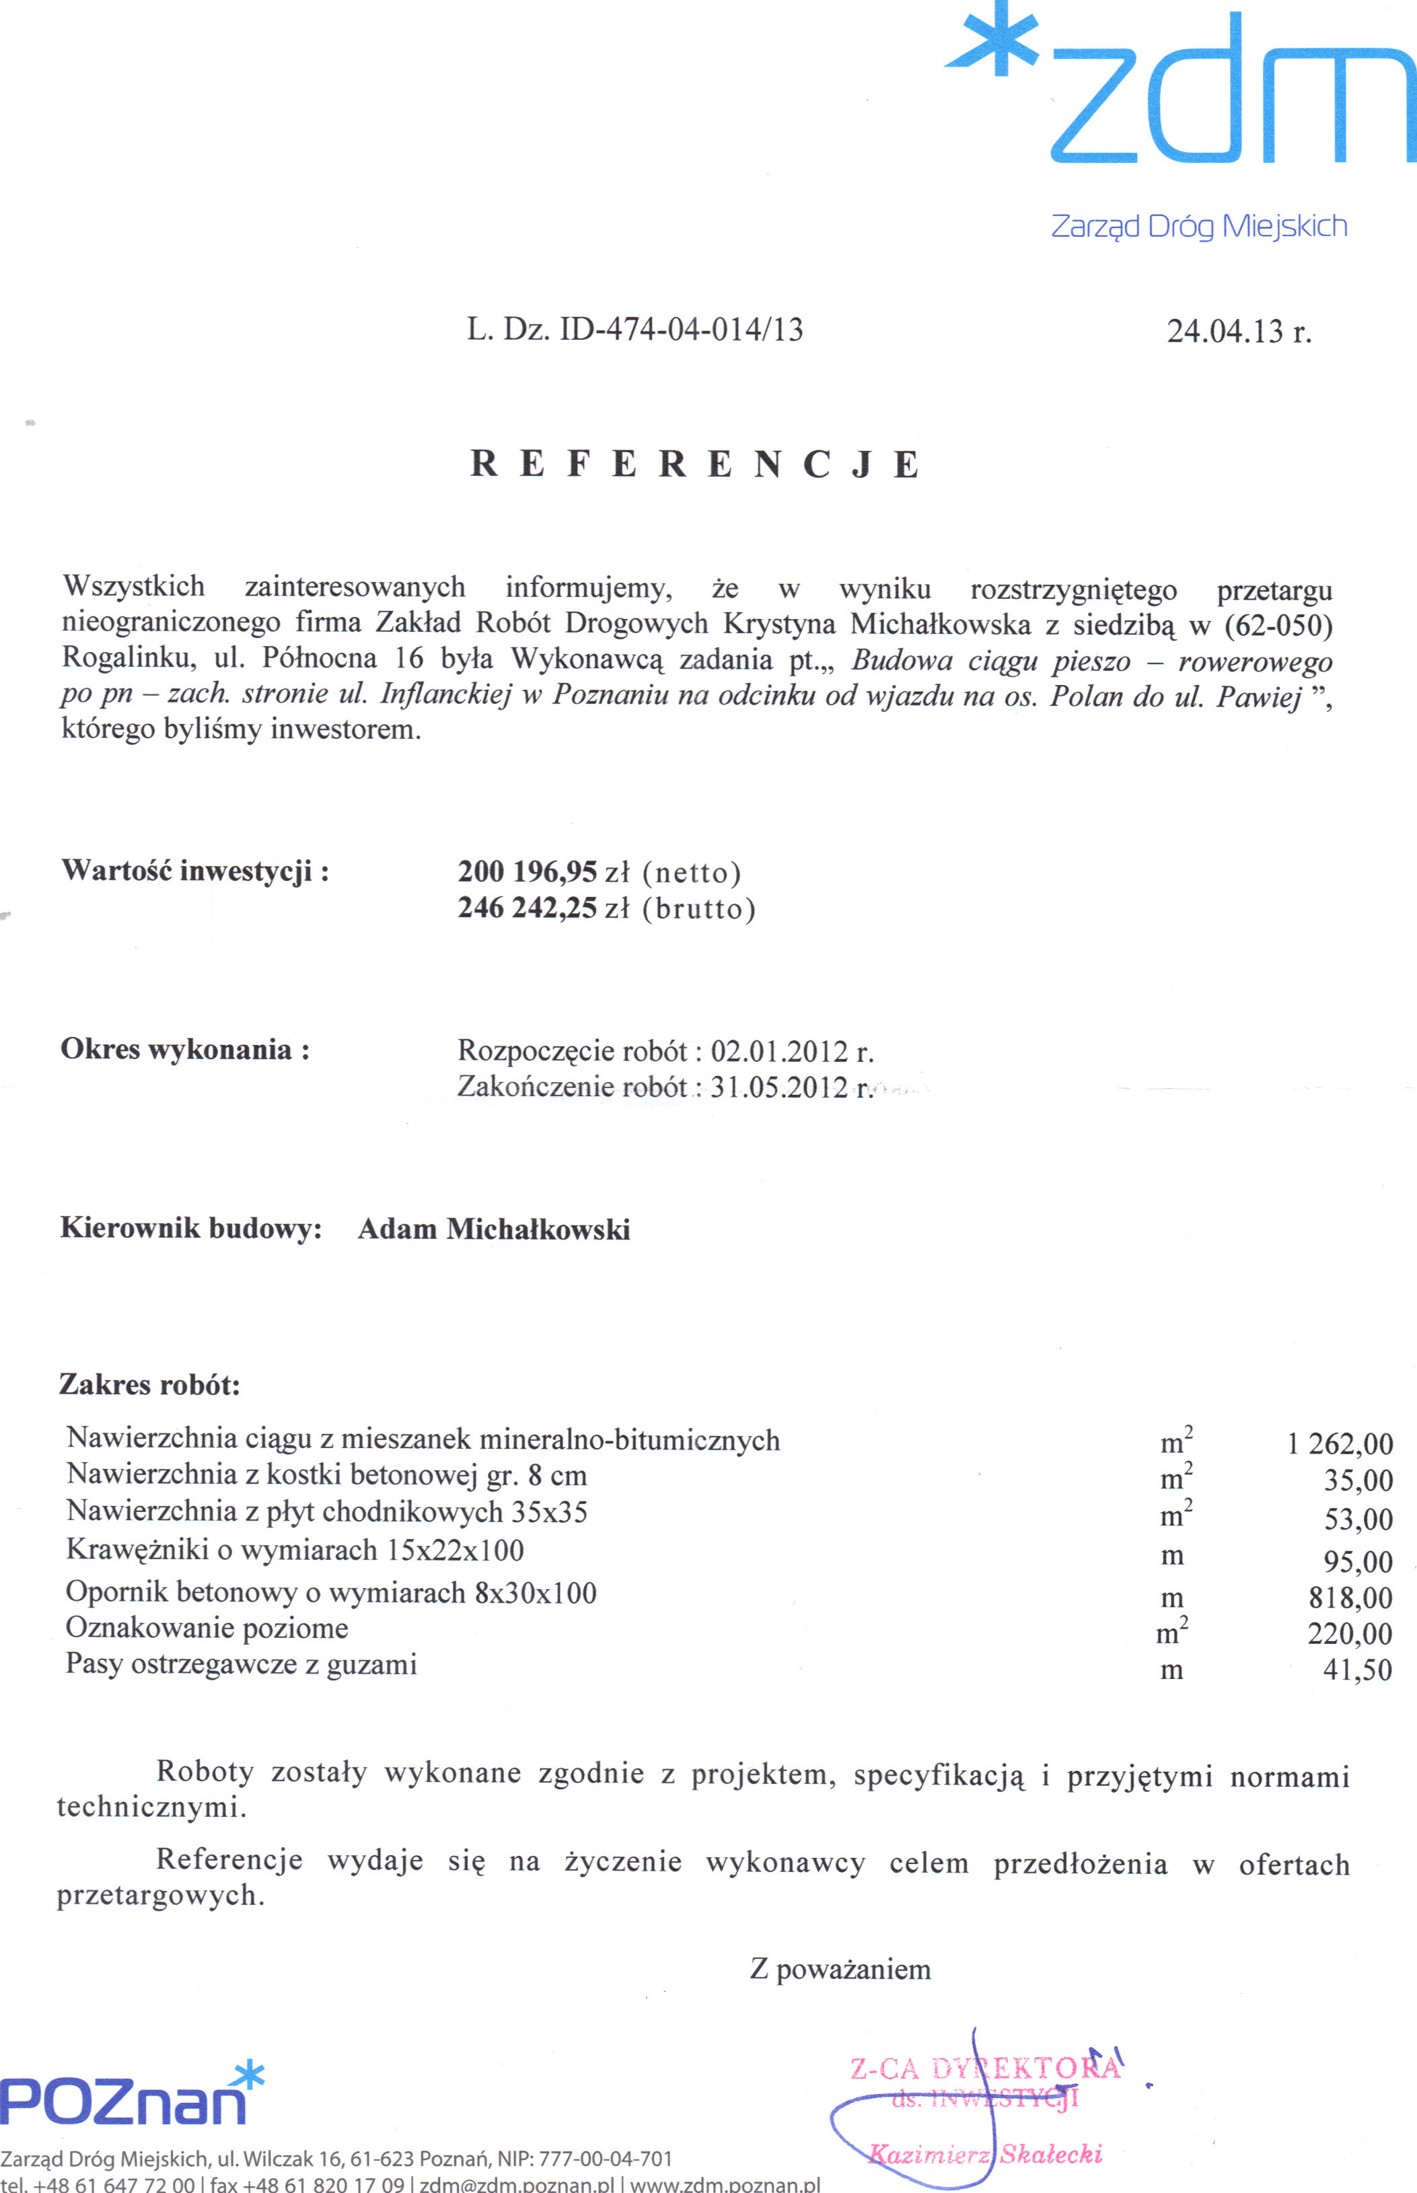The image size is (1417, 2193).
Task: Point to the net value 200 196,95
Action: click(528, 871)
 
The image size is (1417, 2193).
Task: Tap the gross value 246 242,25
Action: click(528, 908)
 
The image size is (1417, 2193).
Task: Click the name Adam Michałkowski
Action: click(494, 1229)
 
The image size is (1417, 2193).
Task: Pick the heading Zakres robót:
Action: click(150, 1385)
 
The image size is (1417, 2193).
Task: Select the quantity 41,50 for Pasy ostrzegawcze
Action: click(1357, 1669)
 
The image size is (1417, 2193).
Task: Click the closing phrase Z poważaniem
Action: click(840, 1970)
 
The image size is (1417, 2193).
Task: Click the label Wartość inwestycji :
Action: click(195, 871)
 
